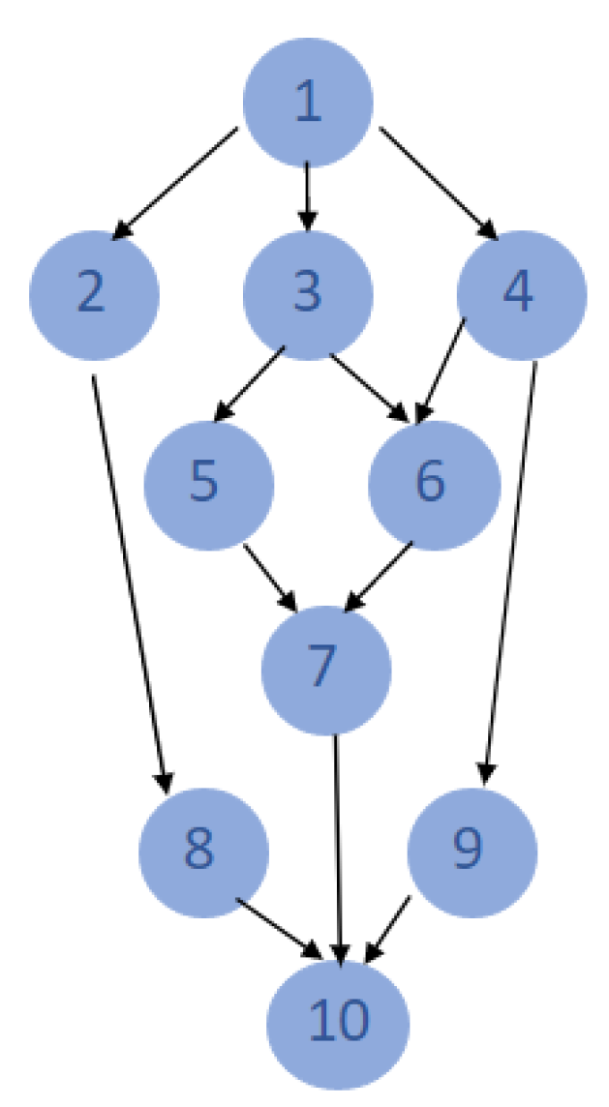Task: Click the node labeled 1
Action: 307,103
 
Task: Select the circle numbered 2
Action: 94,294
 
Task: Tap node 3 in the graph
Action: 307,294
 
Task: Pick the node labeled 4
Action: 522,294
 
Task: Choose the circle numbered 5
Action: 208,483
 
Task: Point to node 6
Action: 435,483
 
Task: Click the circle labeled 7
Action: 326,669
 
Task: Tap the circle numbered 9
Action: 472,853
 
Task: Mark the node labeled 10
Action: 340,1022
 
